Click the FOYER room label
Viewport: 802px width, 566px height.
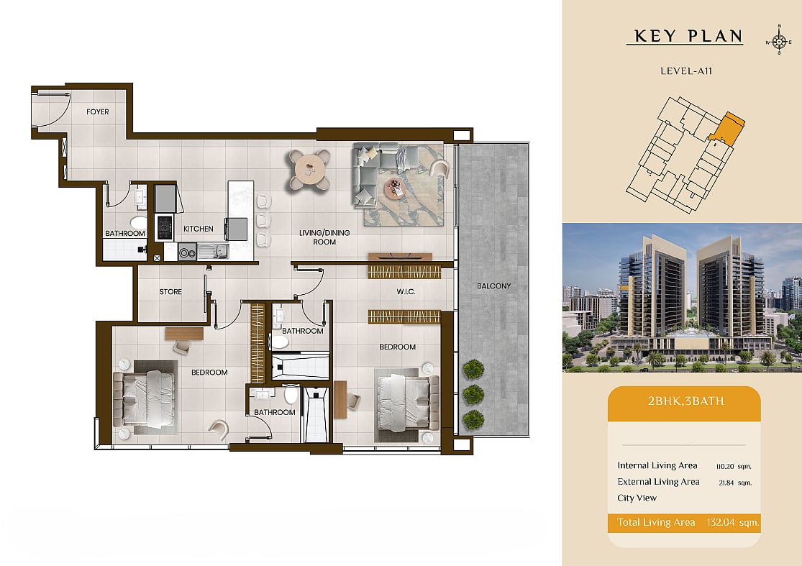click(97, 111)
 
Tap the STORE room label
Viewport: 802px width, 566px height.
click(170, 291)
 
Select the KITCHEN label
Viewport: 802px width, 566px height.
click(199, 229)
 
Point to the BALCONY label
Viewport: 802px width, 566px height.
click(493, 286)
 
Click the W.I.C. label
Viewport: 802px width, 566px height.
click(406, 291)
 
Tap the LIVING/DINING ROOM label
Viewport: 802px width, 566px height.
click(324, 237)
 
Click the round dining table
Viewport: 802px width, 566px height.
click(309, 169)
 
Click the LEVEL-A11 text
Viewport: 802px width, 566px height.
click(686, 71)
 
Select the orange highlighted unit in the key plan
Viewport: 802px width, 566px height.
click(729, 129)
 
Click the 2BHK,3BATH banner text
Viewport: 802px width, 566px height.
click(686, 401)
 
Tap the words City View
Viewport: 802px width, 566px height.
click(637, 498)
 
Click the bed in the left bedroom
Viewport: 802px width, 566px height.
click(144, 399)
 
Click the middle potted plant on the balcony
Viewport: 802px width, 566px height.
click(473, 394)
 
